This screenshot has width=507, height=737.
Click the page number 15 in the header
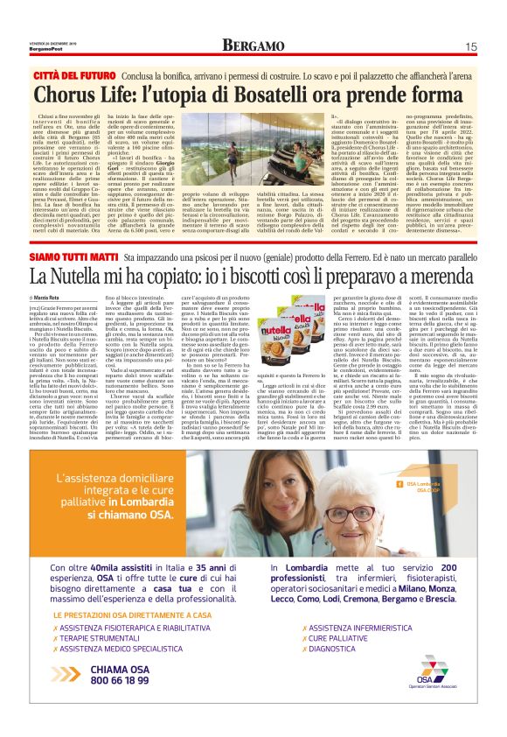pyautogui.click(x=470, y=46)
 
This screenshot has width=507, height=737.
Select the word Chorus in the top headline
pyautogui.click(x=92, y=95)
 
